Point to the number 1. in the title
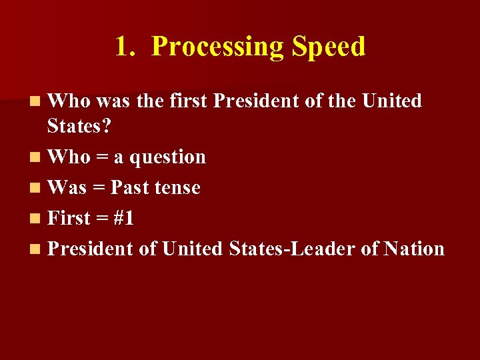125,47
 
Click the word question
167,157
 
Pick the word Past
130,188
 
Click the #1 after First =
124,219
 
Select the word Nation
413,249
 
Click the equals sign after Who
101,158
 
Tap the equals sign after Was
99,189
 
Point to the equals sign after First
103,219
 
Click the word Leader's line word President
91,249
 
